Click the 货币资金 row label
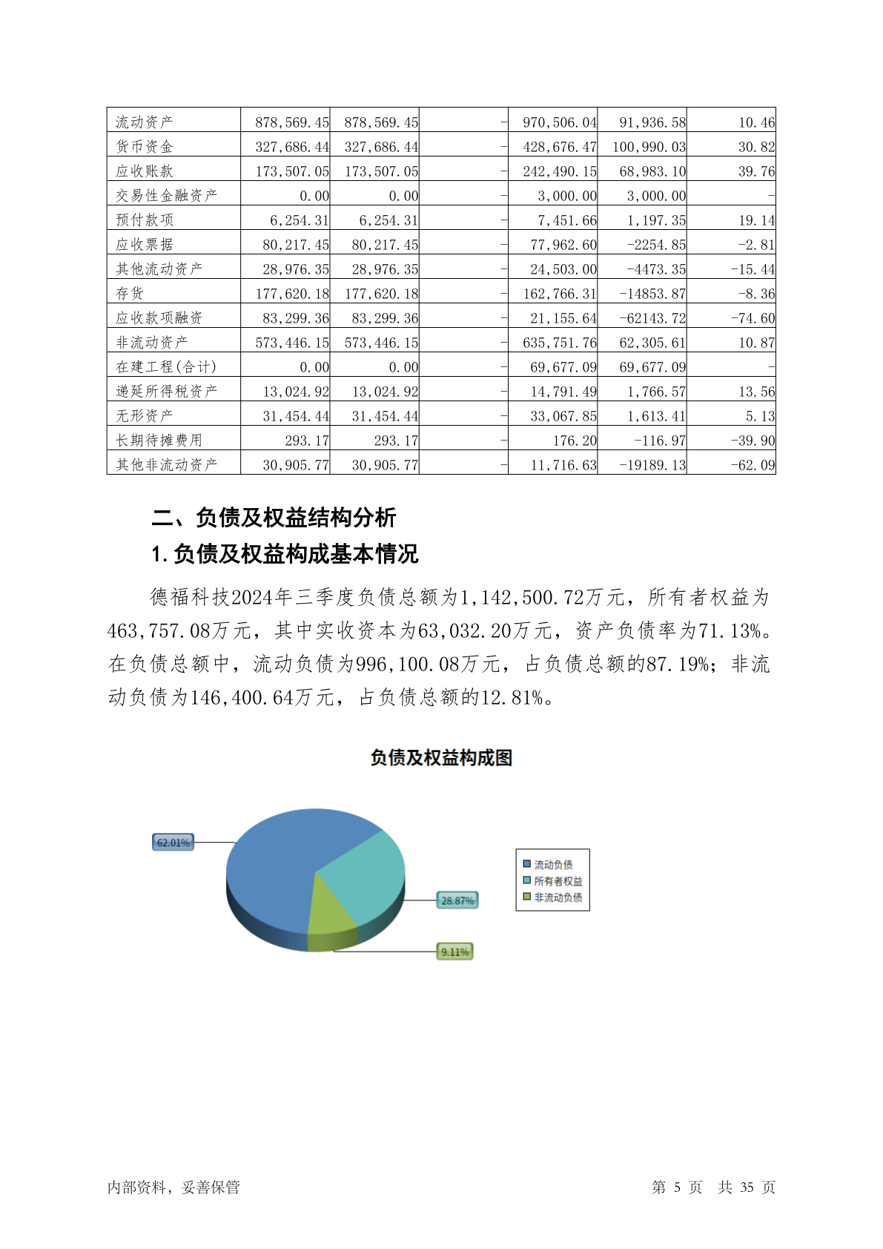145,146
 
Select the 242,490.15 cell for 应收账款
560,171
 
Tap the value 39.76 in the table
756,171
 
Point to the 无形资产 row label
145,415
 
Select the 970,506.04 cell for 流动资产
560,122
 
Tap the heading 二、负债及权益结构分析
274,517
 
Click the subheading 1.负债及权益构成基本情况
285,553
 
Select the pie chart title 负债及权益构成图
441,757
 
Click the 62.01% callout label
173,843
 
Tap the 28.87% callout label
457,900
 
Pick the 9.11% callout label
454,952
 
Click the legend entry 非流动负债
558,897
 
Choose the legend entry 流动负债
553,865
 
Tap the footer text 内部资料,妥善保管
173,1187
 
